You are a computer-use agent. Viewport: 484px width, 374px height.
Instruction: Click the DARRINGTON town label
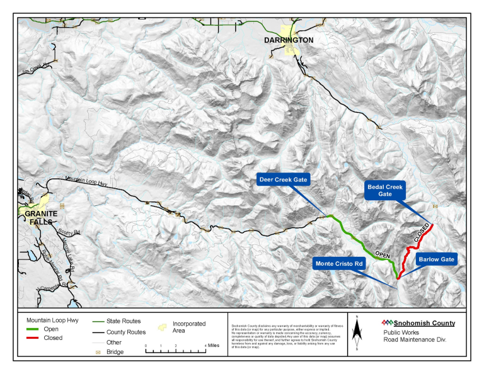pos(288,40)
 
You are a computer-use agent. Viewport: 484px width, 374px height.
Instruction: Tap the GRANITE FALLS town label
pos(41,217)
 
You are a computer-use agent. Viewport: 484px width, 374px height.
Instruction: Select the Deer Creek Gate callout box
pos(283,180)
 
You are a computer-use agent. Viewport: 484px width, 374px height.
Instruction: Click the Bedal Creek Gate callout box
pos(385,191)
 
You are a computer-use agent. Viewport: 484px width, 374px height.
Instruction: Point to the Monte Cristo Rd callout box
pos(339,263)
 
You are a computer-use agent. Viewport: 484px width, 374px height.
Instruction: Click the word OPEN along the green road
pos(384,254)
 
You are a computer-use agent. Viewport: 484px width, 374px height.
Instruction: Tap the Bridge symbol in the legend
pos(98,352)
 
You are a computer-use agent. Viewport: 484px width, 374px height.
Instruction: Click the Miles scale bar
pos(177,349)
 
